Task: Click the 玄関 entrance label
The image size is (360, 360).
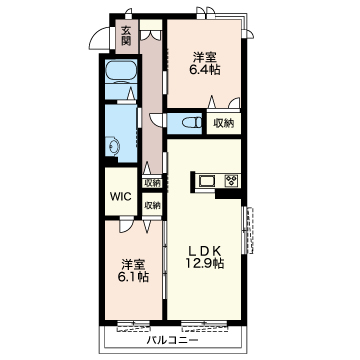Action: point(126,35)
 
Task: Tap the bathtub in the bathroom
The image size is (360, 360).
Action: point(121,71)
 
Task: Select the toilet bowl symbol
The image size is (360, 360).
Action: point(192,123)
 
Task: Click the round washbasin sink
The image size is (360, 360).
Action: point(114,146)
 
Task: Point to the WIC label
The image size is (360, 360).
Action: point(121,196)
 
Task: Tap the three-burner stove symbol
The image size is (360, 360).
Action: point(230,181)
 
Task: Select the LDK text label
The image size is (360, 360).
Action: point(205,251)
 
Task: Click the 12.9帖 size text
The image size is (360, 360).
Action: point(205,263)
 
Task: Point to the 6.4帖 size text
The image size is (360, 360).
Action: point(205,70)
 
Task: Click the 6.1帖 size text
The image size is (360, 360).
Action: point(134,277)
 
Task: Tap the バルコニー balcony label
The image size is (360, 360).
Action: point(173,340)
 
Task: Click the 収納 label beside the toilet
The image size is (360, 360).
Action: point(223,124)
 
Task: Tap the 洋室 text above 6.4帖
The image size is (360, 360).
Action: point(205,58)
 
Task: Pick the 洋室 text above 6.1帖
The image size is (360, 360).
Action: point(133,265)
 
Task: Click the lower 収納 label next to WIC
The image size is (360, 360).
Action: point(152,206)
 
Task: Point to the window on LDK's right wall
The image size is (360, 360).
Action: point(248,230)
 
